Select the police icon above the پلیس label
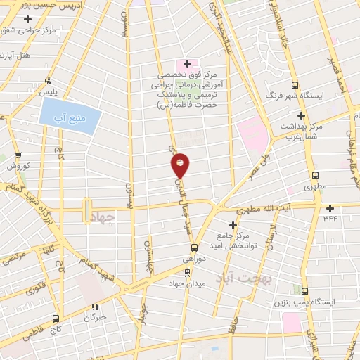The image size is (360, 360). tap(47, 81)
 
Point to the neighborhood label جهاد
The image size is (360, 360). tap(102, 218)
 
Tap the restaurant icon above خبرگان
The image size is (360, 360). tap(94, 307)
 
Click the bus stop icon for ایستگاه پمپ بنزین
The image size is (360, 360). tap(304, 290)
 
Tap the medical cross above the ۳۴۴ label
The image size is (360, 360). tap(330, 208)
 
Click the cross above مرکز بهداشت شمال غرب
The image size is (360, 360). tap(302, 115)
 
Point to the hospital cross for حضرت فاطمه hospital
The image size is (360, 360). tap(187, 64)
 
